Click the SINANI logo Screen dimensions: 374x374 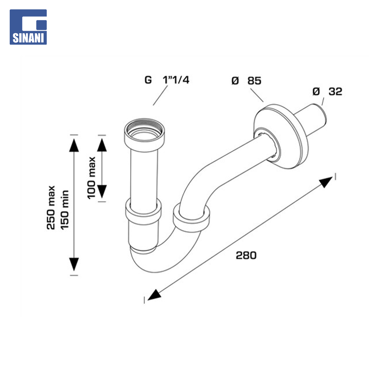pyautogui.click(x=28, y=27)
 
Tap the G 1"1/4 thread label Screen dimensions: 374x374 pyautogui.click(x=167, y=80)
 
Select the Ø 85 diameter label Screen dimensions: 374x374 pyautogui.click(x=247, y=81)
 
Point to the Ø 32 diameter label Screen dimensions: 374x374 pyautogui.click(x=327, y=91)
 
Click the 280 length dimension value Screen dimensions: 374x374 pyautogui.click(x=246, y=256)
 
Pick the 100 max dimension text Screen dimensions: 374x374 pyautogui.click(x=91, y=178)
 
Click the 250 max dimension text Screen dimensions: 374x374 pyautogui.click(x=51, y=207)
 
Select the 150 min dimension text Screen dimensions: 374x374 pyautogui.click(x=65, y=210)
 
